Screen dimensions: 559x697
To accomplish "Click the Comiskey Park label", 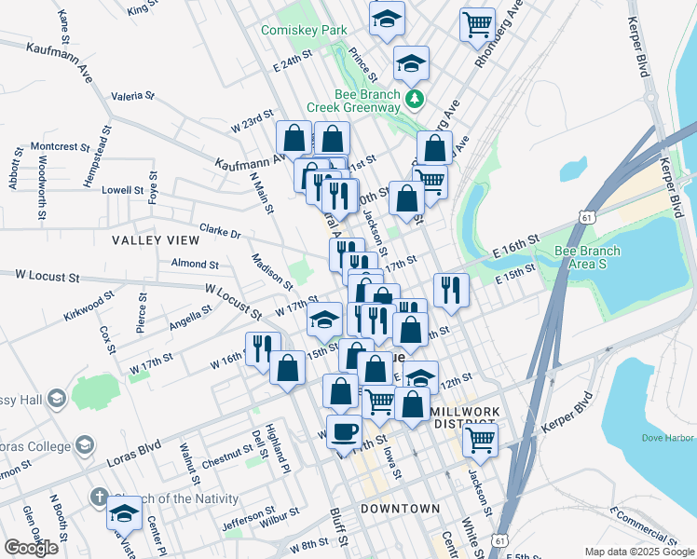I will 304,31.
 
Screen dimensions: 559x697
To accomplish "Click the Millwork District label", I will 466,417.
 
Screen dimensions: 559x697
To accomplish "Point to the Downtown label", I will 400,509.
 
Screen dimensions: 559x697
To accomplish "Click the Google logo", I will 31,548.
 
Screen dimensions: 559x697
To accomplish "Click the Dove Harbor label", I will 667,437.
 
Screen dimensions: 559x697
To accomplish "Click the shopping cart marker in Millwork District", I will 480,439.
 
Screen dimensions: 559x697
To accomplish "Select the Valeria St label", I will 132,95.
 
